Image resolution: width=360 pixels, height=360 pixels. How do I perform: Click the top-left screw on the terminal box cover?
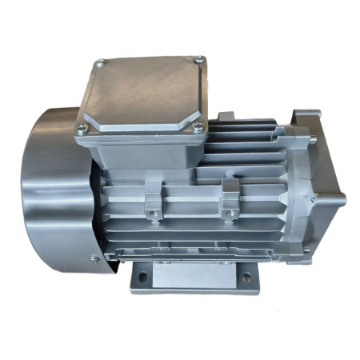click(99, 63)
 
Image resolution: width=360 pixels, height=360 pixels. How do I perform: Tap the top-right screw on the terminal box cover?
click(199, 59)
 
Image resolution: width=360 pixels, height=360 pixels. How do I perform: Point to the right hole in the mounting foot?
click(246, 278)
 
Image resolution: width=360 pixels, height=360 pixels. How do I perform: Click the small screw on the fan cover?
click(94, 258)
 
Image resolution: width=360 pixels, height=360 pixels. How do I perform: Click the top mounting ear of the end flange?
click(305, 121)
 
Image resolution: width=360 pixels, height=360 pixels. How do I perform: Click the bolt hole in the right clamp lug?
click(230, 212)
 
